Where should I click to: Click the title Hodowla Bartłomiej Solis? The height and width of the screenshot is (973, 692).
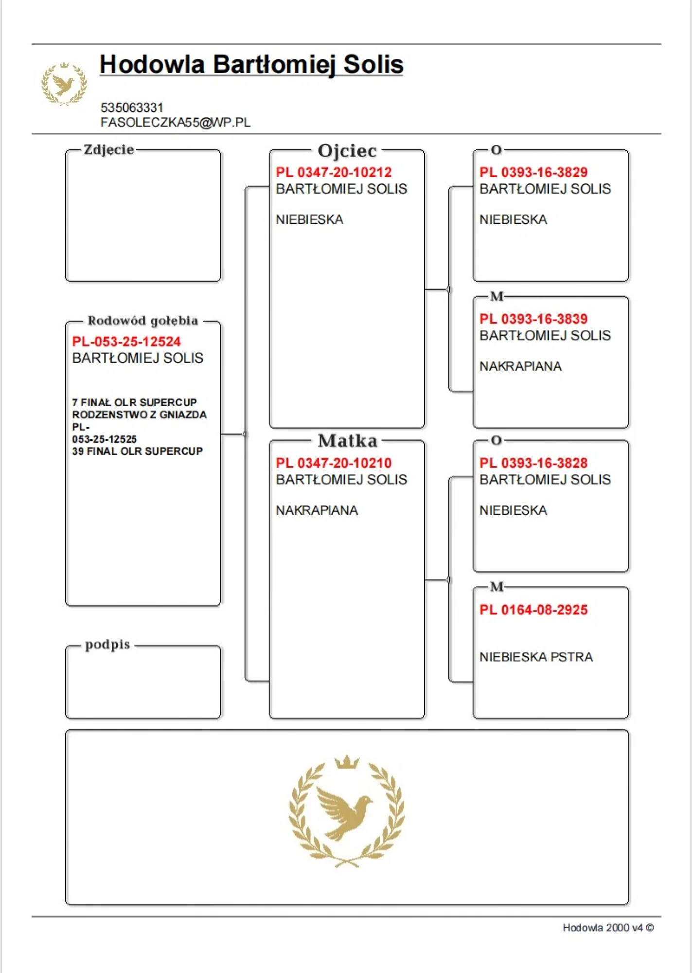(251, 65)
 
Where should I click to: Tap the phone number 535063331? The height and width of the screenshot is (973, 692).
(132, 108)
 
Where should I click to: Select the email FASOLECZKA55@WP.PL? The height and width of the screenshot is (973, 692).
(176, 123)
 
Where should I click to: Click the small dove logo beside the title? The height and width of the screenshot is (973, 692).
(64, 84)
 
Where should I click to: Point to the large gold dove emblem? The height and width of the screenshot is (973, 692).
(346, 811)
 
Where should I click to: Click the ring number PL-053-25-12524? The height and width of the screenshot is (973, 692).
(126, 342)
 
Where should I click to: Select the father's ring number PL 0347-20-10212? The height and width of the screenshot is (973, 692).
(334, 172)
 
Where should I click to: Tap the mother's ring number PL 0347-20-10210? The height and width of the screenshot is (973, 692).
(334, 463)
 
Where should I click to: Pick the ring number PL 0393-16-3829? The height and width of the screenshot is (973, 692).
(533, 172)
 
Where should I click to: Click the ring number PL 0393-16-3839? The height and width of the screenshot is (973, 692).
(533, 319)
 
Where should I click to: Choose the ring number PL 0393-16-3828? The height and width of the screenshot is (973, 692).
(533, 463)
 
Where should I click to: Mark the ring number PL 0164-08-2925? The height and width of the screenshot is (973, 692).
(533, 610)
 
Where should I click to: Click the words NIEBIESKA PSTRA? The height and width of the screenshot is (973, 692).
(536, 657)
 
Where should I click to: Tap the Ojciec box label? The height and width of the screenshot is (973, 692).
(347, 151)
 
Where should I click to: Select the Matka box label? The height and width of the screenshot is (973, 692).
(347, 441)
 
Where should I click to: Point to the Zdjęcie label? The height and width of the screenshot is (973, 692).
(108, 149)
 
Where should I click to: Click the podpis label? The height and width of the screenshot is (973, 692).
(107, 645)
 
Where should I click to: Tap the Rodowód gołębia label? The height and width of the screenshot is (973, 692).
(142, 321)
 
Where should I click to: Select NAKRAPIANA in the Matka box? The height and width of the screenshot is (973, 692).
(317, 510)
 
